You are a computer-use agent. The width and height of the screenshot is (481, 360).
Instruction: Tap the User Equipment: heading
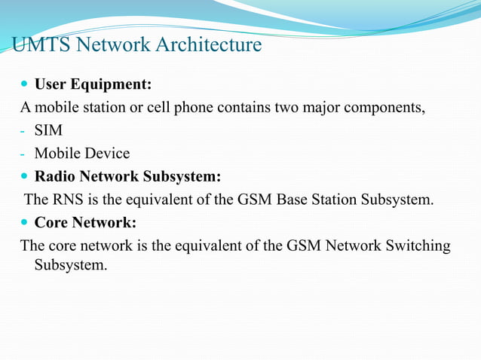[93, 84]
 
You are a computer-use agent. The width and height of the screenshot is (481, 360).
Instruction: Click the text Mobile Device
[82, 154]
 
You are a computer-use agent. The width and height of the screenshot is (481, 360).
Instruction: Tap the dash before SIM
[23, 132]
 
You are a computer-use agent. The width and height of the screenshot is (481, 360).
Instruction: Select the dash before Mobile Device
[23, 155]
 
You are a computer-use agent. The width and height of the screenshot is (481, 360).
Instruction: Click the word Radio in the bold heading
[55, 177]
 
